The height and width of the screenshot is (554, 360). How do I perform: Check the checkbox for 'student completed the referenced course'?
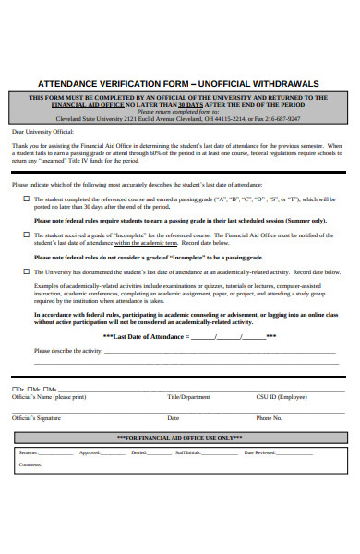pyautogui.click(x=26, y=199)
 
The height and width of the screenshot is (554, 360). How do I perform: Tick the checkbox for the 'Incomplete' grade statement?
pyautogui.click(x=26, y=235)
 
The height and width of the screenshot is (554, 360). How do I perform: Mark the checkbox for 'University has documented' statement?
pyautogui.click(x=26, y=271)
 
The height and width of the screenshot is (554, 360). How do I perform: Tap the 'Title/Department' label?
pyautogui.click(x=188, y=396)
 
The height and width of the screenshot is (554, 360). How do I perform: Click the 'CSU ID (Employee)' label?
pyautogui.click(x=282, y=396)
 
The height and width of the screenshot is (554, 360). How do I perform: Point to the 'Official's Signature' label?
pyautogui.click(x=37, y=417)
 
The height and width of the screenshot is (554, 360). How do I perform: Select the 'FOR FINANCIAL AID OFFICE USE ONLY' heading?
pyautogui.click(x=179, y=437)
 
